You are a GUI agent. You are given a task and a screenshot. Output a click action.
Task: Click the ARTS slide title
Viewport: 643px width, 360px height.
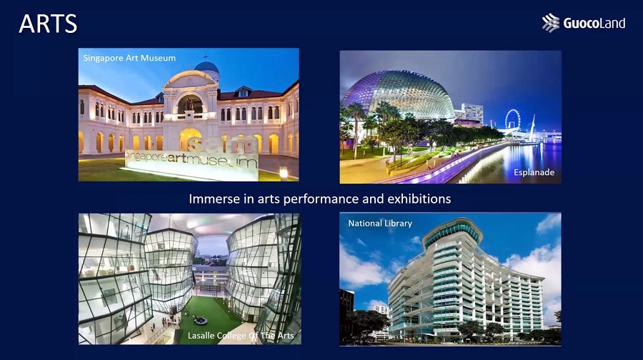(x=48, y=24)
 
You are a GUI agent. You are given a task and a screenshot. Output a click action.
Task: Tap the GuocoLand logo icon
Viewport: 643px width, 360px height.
(x=550, y=23)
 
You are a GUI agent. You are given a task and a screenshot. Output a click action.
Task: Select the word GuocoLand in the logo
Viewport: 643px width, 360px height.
(x=594, y=23)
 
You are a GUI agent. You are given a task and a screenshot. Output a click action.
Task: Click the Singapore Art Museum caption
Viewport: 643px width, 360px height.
(x=129, y=59)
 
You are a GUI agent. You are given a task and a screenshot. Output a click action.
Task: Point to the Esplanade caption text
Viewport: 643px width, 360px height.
(x=534, y=173)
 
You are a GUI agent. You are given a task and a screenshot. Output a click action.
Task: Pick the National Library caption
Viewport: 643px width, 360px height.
(x=380, y=224)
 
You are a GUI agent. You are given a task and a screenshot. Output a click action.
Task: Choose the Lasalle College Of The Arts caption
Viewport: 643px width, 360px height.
(x=241, y=336)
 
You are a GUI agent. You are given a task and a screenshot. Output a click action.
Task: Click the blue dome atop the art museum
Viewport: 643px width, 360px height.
(x=206, y=67)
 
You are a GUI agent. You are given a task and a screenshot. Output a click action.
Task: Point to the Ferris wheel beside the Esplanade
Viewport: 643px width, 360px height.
(x=512, y=119)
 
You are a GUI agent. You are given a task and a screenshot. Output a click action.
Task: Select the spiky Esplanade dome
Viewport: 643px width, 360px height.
(x=397, y=94)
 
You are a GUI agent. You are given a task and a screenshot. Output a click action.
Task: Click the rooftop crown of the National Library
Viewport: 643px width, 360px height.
(x=453, y=231)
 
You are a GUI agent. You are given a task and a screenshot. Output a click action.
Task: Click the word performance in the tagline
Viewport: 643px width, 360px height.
(x=321, y=199)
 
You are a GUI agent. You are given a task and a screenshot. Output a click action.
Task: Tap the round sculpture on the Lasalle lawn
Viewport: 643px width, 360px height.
(x=200, y=320)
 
